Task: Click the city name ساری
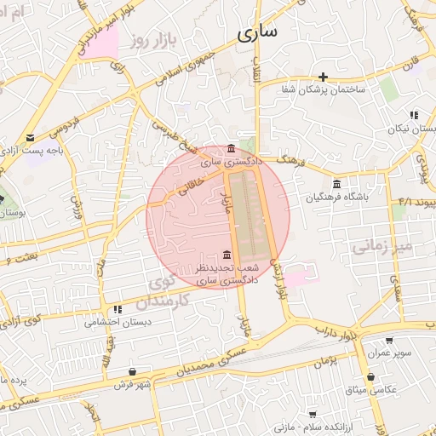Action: click(x=257, y=34)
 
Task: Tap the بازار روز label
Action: click(x=152, y=40)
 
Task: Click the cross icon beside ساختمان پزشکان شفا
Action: click(x=324, y=77)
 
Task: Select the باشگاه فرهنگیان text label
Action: click(x=338, y=198)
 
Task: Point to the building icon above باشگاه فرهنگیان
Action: click(x=337, y=184)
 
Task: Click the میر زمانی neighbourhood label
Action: click(x=381, y=247)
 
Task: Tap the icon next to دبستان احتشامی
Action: click(x=118, y=309)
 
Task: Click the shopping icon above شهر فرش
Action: click(x=132, y=371)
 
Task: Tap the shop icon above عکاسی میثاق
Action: click(x=370, y=376)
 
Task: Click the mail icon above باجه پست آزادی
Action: click(x=31, y=137)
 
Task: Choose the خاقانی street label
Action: click(x=187, y=181)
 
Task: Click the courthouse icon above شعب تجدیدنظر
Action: click(x=226, y=255)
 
